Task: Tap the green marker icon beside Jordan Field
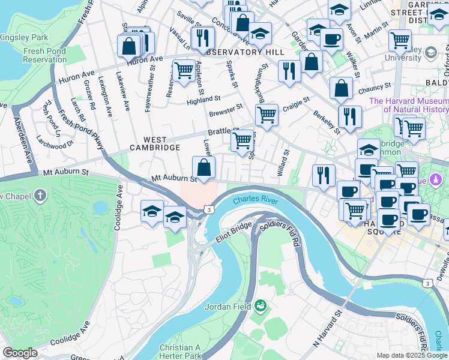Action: tap(260, 306)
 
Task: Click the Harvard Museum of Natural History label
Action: tap(409, 105)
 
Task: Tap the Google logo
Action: tap(19, 353)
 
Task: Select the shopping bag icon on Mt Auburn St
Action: tap(203, 167)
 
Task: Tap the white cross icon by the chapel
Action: tap(40, 196)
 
